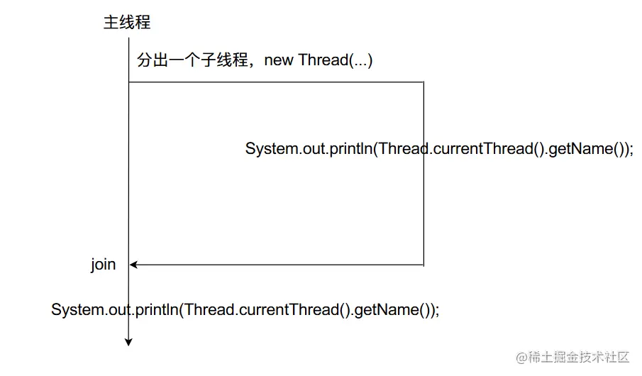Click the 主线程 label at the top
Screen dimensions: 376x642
pyautogui.click(x=127, y=22)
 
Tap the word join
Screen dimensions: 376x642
pyautogui.click(x=103, y=265)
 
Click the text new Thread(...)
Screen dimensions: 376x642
pyautogui.click(x=319, y=60)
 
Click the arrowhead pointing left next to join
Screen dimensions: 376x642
pyautogui.click(x=133, y=265)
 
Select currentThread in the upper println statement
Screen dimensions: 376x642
pyautogui.click(x=482, y=149)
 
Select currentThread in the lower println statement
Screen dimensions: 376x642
pyautogui.click(x=289, y=310)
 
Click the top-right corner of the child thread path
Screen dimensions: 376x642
pyautogui.click(x=424, y=82)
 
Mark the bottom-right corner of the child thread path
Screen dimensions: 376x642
pyautogui.click(x=424, y=265)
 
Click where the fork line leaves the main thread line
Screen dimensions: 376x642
pyautogui.click(x=128, y=82)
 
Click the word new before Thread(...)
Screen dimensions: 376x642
pyautogui.click(x=279, y=60)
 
